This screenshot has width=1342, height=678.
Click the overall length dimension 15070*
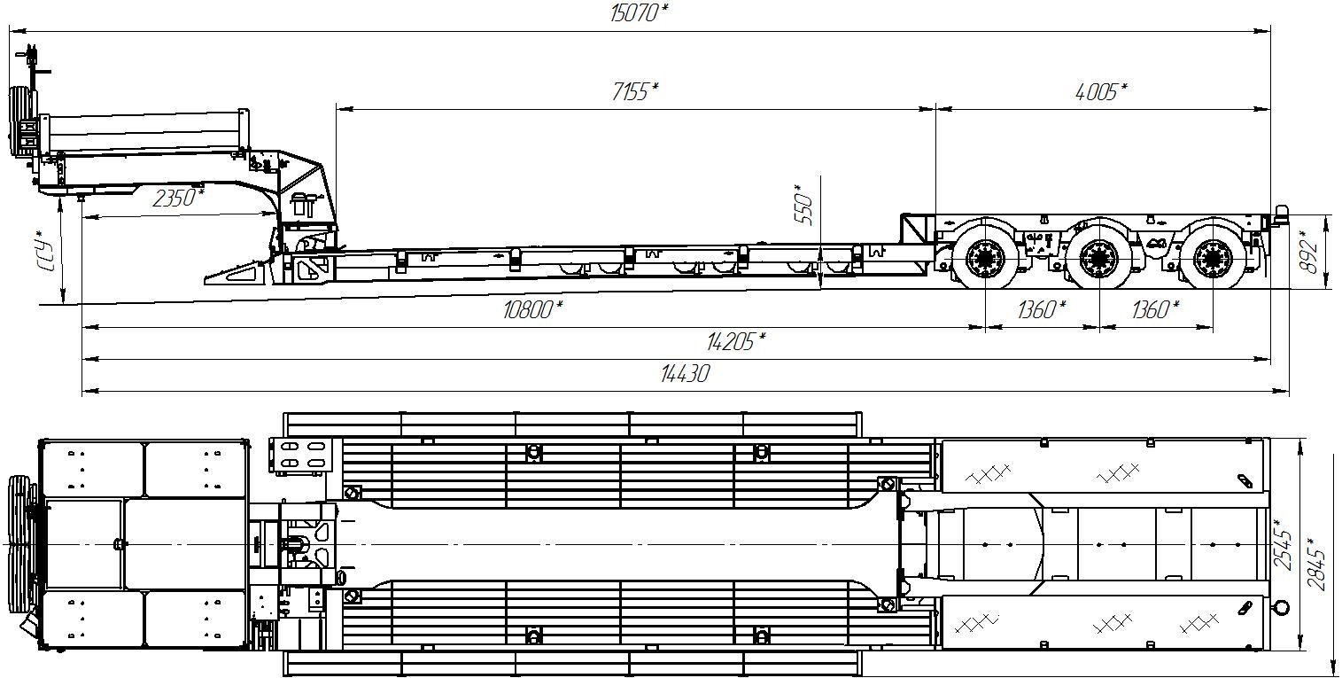click(x=639, y=13)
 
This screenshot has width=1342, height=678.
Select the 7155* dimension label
click(x=635, y=91)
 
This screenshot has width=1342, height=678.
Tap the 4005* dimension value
click(x=1101, y=91)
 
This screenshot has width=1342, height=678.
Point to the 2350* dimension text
click(x=178, y=198)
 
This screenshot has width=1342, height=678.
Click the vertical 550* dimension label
click(x=803, y=205)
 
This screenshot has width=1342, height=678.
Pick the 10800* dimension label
click(x=532, y=310)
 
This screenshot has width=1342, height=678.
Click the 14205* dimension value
click(x=736, y=342)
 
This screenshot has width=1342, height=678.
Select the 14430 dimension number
click(x=685, y=374)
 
